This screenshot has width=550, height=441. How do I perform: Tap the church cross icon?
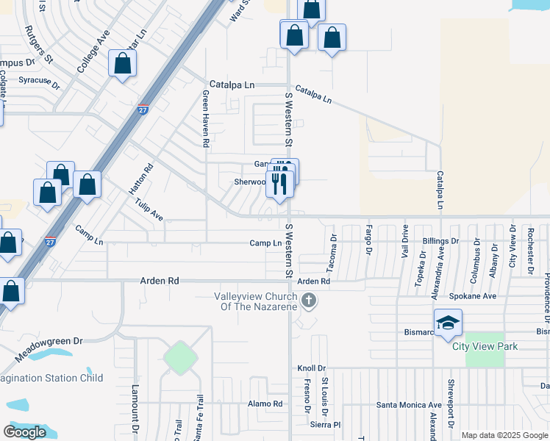[309, 300]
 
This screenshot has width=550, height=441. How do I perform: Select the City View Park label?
[485, 346]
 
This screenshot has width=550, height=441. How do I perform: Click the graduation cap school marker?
[448, 323]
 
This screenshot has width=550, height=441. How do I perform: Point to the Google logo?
[24, 432]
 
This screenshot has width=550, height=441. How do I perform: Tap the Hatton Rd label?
[141, 179]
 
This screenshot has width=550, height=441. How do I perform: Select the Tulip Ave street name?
[149, 212]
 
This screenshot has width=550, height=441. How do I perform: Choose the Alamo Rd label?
[265, 404]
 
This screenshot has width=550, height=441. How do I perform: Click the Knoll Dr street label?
[311, 368]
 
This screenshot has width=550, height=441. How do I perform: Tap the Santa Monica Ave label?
[409, 404]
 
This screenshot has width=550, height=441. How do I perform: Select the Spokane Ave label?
[476, 295]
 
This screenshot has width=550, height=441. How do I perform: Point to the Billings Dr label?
[440, 240]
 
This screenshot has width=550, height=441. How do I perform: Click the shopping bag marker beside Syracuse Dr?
[122, 64]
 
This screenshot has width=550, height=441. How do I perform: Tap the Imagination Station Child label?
[51, 378]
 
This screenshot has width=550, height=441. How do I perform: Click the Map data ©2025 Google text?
[505, 435]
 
